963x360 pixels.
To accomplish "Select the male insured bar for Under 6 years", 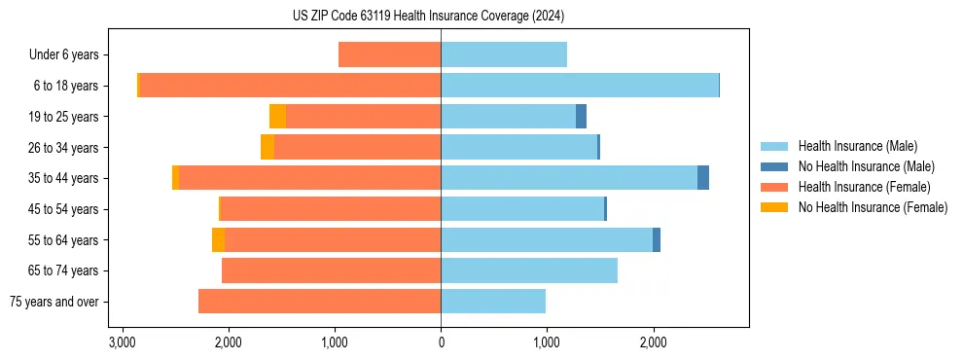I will coord(503,54).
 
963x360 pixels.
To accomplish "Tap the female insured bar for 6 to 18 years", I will coord(290,86).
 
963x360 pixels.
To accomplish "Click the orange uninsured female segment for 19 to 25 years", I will coord(277,117).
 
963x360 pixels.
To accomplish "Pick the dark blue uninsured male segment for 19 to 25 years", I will coord(581,117).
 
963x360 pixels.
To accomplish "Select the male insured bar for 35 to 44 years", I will coord(569,178).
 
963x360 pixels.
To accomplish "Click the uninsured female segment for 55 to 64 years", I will coord(218,239).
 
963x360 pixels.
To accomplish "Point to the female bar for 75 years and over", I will coord(319,302).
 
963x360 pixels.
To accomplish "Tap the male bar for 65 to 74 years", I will coord(529,270).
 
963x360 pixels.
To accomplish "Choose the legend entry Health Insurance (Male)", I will coord(857,146).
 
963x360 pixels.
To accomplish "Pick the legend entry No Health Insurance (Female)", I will coord(873,207).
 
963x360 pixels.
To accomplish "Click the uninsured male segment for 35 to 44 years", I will coord(703,178).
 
